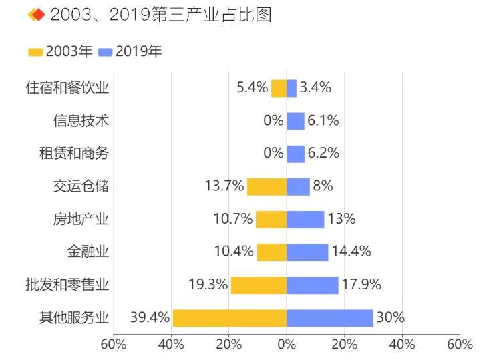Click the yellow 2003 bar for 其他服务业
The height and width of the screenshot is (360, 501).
click(229, 318)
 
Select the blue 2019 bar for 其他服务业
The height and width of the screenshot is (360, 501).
click(330, 318)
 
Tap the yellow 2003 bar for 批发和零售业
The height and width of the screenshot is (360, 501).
click(259, 285)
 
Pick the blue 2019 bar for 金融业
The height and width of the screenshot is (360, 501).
click(307, 252)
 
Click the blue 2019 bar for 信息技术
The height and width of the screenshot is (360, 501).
click(295, 121)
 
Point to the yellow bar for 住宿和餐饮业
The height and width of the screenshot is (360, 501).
click(279, 88)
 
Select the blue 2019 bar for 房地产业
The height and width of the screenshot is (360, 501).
click(305, 220)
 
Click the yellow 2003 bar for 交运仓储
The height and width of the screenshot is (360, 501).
click(267, 186)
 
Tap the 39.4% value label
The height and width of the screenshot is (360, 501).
click(150, 318)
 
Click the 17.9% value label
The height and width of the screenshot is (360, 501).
click(361, 285)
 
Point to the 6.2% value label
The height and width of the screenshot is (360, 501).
click(323, 154)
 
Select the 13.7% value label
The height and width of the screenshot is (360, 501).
click(224, 186)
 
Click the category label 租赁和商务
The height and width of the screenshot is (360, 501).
click(73, 154)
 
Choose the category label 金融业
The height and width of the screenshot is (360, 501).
click(88, 252)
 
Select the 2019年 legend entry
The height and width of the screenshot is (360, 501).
click(130, 52)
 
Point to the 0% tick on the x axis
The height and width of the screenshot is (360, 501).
click(287, 345)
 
